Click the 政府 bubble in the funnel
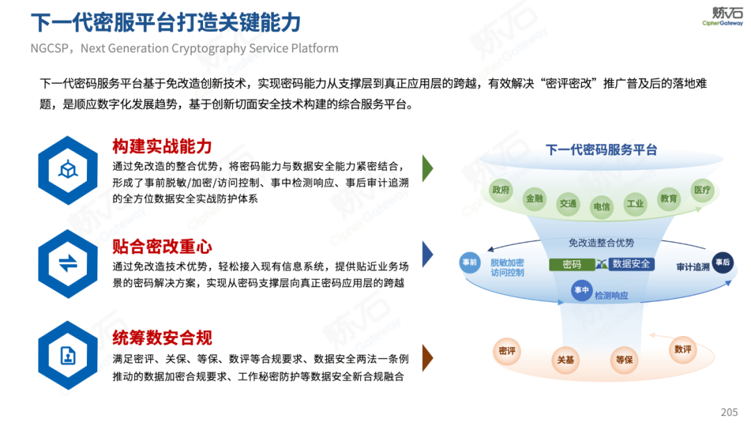pos(501,190)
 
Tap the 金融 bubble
pos(535,198)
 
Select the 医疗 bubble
pos(702,190)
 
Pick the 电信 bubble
pos(601,207)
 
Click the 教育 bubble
pos(669,198)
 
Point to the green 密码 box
pos(572,264)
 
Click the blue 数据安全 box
pos(631,264)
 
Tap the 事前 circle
pos(470,262)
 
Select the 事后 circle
pos(722,262)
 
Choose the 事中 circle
pos(581,290)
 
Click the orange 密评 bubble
pos(507,351)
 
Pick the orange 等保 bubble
pos(624,360)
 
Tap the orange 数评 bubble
pos(683,349)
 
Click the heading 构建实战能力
pos(162,146)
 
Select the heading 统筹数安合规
pos(162,338)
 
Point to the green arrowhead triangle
pos(428,168)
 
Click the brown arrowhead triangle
pos(428,358)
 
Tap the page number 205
pos(729,413)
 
